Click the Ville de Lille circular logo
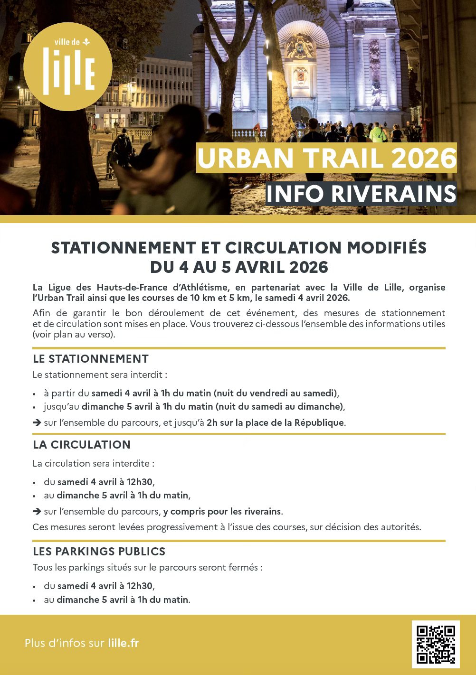[x=68, y=66]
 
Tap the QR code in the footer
[x=436, y=644]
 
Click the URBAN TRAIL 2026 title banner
[x=326, y=158]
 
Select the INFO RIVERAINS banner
[x=361, y=194]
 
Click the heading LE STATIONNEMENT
[x=91, y=359]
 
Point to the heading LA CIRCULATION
[x=82, y=445]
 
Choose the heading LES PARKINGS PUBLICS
[x=99, y=552]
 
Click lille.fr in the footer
[x=124, y=643]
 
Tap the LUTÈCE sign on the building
[x=114, y=110]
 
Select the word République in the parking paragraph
[x=319, y=422]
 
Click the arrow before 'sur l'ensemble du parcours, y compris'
[x=37, y=512]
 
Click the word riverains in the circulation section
[x=262, y=512]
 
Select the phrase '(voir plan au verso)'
[x=74, y=334]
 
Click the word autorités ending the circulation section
[x=400, y=527]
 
